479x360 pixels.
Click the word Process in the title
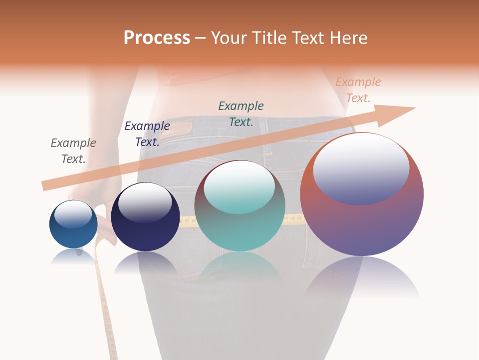tap(157, 38)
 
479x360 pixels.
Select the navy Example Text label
tap(147, 134)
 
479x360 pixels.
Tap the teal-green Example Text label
tap(241, 113)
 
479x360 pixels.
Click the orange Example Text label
tap(358, 90)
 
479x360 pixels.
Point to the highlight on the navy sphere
tap(145, 202)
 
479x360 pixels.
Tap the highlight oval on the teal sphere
tap(239, 187)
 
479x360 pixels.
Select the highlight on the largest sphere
tap(361, 168)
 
